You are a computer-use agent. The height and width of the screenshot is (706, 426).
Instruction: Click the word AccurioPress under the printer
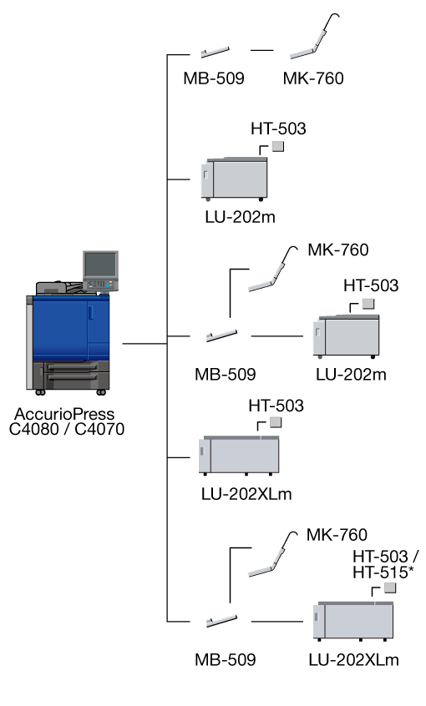coord(64,414)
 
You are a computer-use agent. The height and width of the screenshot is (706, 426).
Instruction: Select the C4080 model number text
coord(33,429)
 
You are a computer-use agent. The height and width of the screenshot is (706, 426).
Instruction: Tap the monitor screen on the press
coord(100,265)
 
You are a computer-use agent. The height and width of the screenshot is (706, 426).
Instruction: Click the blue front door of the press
coord(60,328)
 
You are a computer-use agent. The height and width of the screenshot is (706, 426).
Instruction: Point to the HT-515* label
coord(383,572)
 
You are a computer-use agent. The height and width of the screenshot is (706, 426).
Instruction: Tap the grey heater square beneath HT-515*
coord(390,587)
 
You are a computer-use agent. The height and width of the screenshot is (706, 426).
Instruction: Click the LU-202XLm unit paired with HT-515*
coord(353,620)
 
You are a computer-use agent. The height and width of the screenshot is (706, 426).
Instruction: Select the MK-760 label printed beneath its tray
coord(313,78)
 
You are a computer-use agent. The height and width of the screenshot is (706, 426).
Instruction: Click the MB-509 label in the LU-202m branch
coord(225,374)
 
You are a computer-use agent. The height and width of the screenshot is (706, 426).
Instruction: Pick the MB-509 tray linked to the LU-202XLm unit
coord(221,621)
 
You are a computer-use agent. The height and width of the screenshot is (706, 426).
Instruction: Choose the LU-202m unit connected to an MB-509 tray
coord(346,335)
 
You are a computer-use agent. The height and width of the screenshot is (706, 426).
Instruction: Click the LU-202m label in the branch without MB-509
coord(240,217)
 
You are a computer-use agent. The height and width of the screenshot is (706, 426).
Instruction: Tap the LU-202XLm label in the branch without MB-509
coord(246,494)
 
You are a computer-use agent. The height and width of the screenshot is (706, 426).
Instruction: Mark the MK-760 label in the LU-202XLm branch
coord(337,535)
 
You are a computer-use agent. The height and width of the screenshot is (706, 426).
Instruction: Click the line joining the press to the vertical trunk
coord(145,344)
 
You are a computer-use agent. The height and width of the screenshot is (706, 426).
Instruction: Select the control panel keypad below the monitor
coord(100,284)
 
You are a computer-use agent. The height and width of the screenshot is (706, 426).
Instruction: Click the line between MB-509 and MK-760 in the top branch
coord(262,50)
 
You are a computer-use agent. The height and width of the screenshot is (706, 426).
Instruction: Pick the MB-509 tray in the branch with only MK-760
coord(215,53)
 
